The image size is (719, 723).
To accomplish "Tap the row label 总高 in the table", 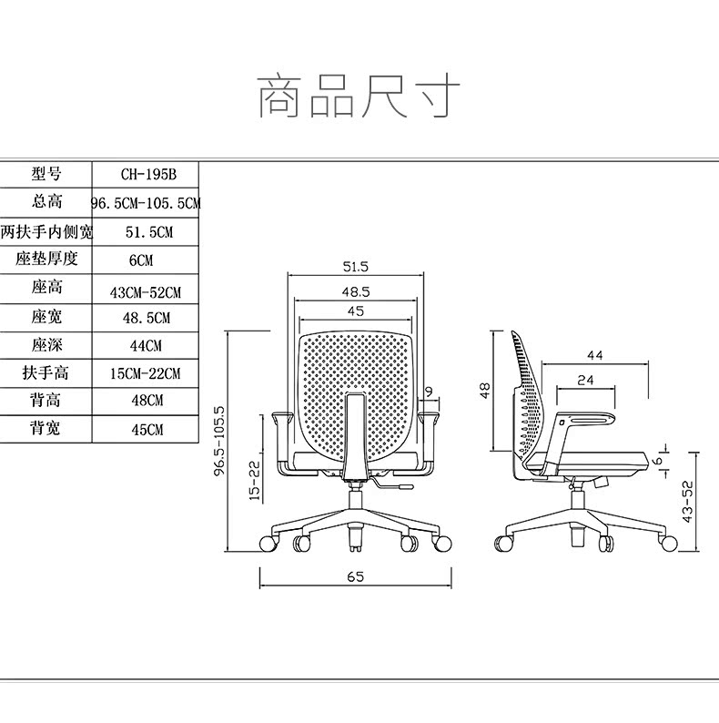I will pyautogui.click(x=46, y=202).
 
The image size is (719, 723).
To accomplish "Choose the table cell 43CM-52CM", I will pyautogui.click(x=146, y=292).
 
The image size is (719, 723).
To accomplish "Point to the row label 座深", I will pyautogui.click(x=46, y=345).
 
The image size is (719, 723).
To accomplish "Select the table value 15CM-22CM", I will pyautogui.click(x=146, y=374).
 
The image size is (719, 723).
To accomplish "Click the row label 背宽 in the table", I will pyautogui.click(x=46, y=427).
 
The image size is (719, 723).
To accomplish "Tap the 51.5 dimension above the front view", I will pyautogui.click(x=356, y=267).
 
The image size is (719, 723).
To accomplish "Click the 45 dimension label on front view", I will pyautogui.click(x=356, y=311).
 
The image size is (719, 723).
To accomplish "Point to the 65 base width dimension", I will pyautogui.click(x=356, y=576).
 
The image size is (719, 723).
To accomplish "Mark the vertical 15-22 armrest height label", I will pyautogui.click(x=255, y=480).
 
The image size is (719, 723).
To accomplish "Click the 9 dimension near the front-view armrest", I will pyautogui.click(x=428, y=392).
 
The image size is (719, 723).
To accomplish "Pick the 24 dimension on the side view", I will pyautogui.click(x=586, y=379).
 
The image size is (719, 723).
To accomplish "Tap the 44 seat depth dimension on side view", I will pyautogui.click(x=595, y=353).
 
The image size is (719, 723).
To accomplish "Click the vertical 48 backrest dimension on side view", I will pyautogui.click(x=485, y=390).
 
